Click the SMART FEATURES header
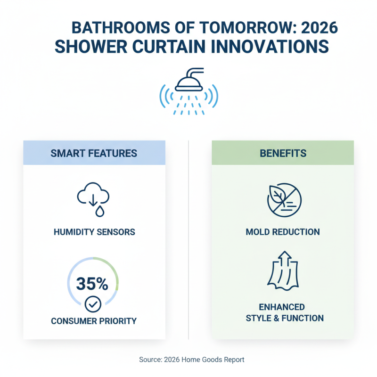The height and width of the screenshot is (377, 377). coord(94,153)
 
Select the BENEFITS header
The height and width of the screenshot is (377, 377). coord(283,153)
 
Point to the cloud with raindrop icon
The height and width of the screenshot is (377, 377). coord(94,200)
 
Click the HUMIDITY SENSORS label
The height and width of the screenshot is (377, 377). coord(94,232)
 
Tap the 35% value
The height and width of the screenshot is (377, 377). coord(92,284)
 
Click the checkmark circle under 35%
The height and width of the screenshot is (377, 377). coord(92,305)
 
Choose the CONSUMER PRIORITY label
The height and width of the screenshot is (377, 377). coord(94,321)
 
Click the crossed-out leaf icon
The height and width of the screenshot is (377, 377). coord(283,199)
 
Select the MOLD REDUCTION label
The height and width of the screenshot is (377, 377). coord(283,232)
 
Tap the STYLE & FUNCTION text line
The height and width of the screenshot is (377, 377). coord(285,319)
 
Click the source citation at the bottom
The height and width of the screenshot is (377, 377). coord(192,360)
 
